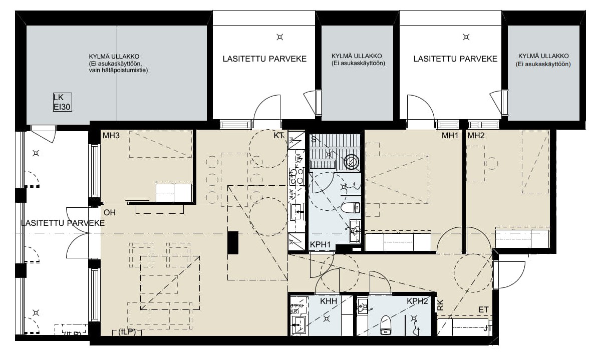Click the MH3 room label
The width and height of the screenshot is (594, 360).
coord(110,136)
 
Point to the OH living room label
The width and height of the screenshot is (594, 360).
coord(110,212)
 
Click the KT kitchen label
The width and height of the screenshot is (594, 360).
coord(279,136)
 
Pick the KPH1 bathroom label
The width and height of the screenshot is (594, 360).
coord(321,245)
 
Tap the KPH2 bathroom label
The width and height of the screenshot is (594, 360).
coord(417,301)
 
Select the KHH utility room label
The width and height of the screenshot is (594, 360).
coord(329,301)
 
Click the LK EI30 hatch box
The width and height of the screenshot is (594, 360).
coord(62,102)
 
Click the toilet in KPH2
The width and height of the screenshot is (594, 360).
coord(386,324)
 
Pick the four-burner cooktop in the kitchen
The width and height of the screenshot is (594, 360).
coord(296,176)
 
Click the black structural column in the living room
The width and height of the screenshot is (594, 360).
coord(233,243)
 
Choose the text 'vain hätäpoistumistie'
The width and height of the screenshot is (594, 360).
coord(118,71)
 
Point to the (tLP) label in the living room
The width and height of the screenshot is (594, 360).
coord(127,332)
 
